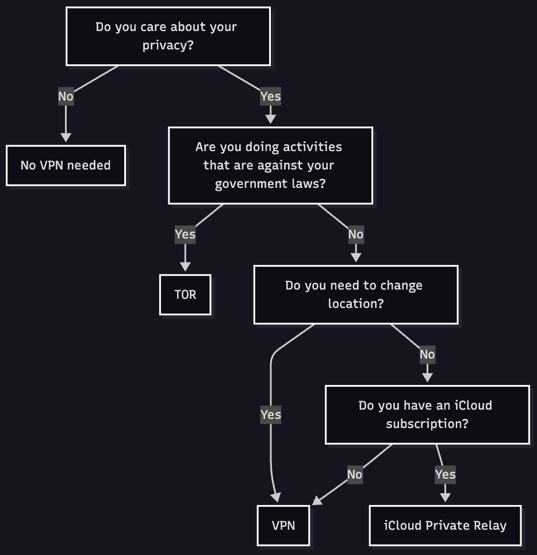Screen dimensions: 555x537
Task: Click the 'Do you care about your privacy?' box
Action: [168, 36]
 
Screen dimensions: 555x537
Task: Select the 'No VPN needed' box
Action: [66, 165]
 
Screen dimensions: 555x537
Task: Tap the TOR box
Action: [185, 295]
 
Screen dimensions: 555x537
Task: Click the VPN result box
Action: [283, 525]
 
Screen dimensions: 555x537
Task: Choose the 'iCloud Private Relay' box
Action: [445, 525]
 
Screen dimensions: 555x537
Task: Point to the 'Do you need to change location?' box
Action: [355, 294]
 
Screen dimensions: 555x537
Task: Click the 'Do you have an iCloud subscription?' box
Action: [427, 414]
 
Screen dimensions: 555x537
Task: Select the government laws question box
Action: [270, 165]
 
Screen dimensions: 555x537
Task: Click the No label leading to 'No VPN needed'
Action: [66, 97]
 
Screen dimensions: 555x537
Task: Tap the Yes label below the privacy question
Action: [270, 97]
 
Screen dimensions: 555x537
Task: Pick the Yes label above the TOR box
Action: [185, 234]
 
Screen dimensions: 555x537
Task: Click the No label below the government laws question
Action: [355, 234]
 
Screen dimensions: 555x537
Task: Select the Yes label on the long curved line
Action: [270, 415]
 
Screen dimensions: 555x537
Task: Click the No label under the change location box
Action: [427, 354]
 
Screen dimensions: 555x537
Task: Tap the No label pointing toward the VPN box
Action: [355, 475]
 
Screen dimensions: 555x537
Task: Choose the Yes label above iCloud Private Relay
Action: [445, 475]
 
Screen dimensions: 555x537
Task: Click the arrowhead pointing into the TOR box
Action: [185, 266]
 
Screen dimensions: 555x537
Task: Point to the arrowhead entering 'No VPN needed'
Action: [66, 137]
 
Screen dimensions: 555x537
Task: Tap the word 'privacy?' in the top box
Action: [168, 45]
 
